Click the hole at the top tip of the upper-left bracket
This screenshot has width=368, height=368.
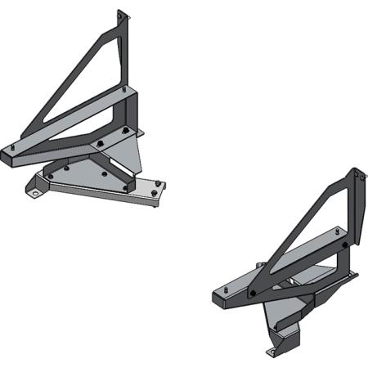click(x=121, y=16)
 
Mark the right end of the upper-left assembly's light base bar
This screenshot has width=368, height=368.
click(x=157, y=192)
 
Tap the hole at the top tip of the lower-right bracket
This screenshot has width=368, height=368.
click(x=357, y=174)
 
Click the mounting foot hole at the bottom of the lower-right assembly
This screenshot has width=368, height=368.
click(x=272, y=352)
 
